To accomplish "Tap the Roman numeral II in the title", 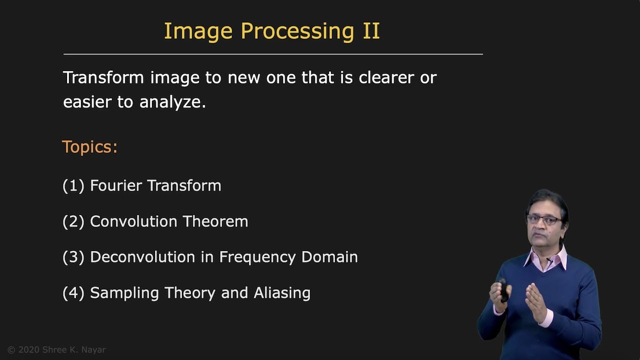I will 371,30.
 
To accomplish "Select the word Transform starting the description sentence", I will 103,77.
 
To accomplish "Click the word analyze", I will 172,102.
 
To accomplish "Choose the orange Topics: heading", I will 90,147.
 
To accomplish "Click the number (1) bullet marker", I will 73,185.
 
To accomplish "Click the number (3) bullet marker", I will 73,257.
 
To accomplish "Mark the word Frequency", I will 258,257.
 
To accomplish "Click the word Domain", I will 329,257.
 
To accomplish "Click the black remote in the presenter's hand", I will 503,290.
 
